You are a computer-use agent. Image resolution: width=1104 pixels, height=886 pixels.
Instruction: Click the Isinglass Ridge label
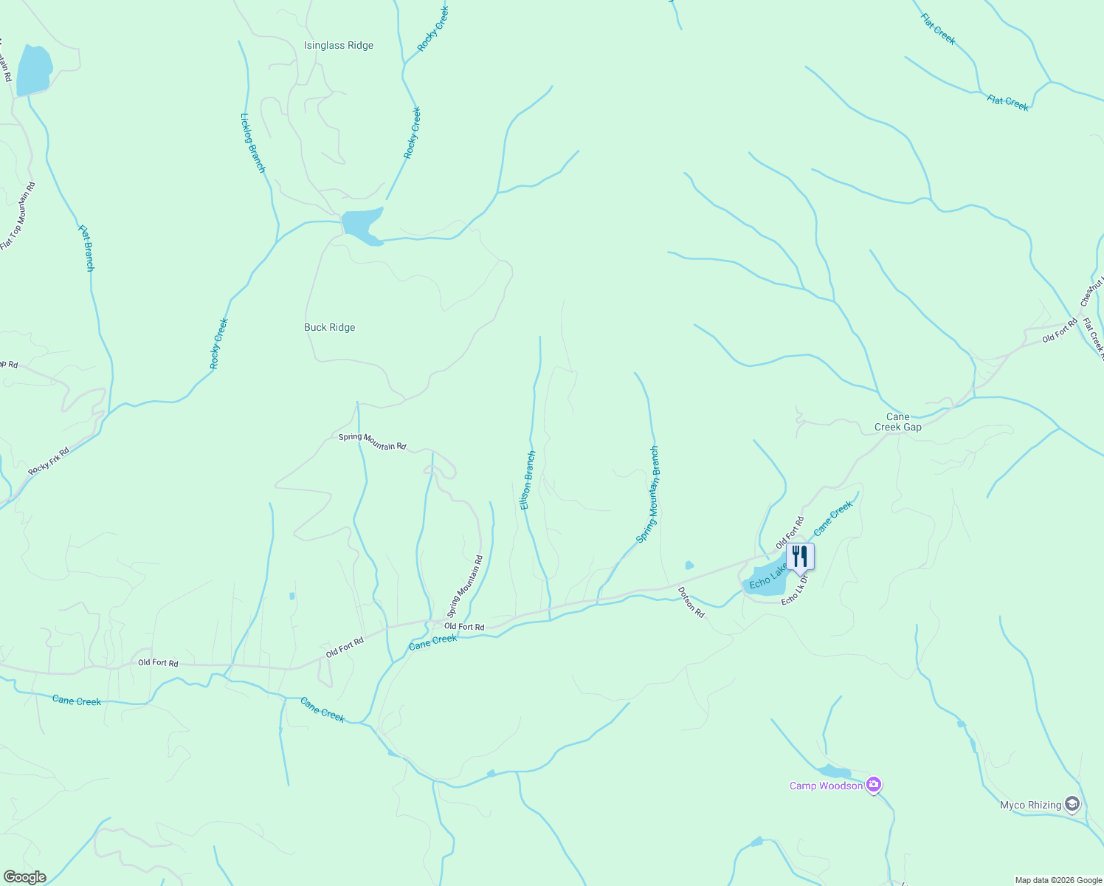(339, 46)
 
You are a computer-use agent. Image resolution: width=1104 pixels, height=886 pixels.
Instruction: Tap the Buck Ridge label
(330, 328)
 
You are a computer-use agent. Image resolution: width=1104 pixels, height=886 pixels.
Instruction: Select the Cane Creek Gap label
(898, 422)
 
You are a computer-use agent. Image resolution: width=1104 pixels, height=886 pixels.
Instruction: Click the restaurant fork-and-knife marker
(800, 556)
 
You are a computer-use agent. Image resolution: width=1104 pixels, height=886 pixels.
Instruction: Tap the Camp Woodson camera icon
(874, 785)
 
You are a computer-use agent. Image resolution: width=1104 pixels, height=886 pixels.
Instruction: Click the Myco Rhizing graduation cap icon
(1072, 804)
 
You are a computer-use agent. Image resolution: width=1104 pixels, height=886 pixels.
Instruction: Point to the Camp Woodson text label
(826, 786)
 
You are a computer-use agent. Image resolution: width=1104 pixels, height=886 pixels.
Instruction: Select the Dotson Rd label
(691, 602)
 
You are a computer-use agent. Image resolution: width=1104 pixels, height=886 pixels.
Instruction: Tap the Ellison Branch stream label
(528, 481)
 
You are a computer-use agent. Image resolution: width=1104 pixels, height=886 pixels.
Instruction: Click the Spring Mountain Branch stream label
(648, 495)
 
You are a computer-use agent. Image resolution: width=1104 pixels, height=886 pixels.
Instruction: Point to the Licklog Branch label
(252, 143)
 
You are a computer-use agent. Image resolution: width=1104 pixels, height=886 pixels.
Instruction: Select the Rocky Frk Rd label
(49, 461)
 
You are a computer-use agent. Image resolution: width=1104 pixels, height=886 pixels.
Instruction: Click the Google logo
(24, 877)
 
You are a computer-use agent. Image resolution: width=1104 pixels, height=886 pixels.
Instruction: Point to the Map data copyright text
(1058, 880)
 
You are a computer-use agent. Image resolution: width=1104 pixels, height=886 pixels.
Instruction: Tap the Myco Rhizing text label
(1030, 805)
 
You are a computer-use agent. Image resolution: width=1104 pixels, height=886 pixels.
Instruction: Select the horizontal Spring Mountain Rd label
(372, 442)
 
